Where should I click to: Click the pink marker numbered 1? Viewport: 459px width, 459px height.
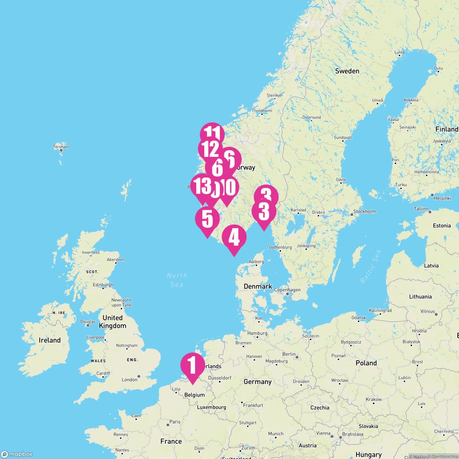[193, 366]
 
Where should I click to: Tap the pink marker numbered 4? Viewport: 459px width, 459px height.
[234, 238]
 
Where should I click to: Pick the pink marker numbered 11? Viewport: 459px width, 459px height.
[212, 134]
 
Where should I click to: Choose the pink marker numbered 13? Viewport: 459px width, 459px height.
[202, 186]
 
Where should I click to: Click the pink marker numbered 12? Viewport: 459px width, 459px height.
[210, 149]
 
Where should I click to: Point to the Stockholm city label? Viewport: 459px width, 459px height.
[364, 211]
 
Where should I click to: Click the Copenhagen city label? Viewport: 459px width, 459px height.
[287, 290]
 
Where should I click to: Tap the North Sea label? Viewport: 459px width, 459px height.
[177, 280]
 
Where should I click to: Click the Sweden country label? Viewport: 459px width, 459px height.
[347, 71]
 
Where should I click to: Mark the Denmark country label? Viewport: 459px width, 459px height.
[258, 286]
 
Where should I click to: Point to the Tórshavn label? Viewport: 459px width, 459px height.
[61, 146]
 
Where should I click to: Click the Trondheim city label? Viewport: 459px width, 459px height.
[262, 111]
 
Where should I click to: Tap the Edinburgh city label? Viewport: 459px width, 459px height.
[103, 285]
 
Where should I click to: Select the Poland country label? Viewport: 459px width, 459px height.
[366, 363]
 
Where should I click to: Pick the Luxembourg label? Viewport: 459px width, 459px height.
[212, 407]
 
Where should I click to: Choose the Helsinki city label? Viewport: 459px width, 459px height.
[442, 198]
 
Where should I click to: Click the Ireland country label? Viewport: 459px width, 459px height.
[50, 340]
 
